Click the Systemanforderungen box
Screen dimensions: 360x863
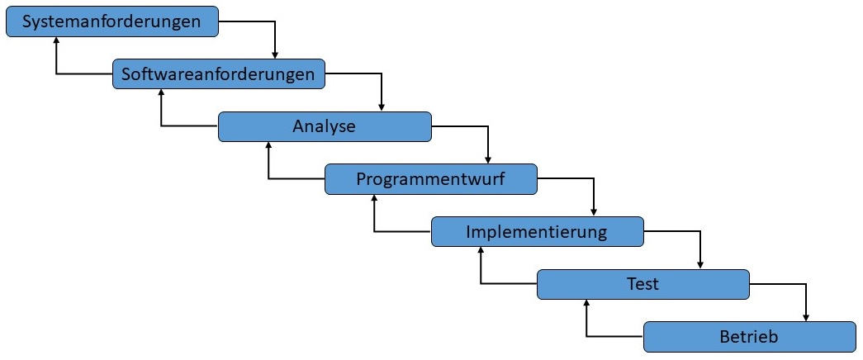112,21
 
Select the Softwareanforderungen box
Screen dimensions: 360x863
218,74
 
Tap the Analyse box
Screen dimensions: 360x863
325,127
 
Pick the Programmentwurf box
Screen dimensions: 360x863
431,179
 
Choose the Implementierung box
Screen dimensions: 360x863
537,232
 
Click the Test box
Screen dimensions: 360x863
643,285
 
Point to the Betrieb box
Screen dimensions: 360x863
749,337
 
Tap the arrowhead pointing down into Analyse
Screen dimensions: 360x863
382,107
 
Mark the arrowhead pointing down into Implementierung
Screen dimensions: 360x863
594,212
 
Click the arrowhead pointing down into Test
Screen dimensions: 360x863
700,265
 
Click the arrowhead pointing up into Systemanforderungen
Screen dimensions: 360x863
56,42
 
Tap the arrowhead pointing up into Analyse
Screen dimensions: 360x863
268,147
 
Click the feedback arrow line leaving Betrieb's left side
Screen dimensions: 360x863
615,337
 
